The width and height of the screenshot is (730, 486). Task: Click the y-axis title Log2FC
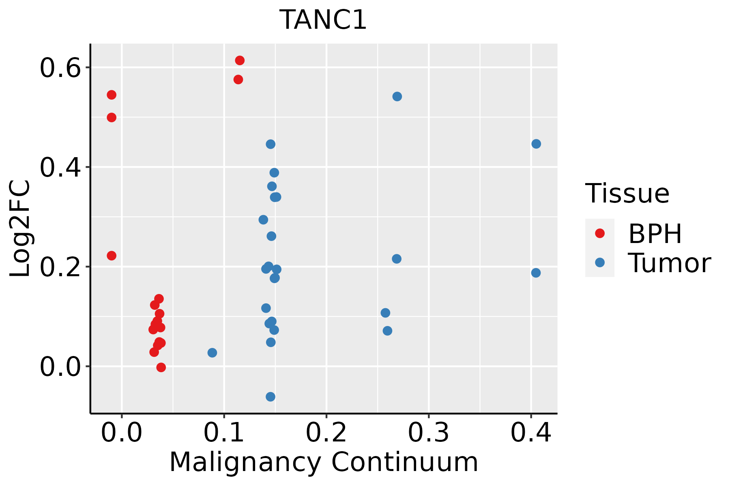20,229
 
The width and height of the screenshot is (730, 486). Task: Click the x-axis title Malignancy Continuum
323,462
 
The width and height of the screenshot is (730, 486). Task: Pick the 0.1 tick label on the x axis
224,433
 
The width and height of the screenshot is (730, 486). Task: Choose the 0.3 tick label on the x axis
428,433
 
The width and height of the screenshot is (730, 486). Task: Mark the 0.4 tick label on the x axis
530,433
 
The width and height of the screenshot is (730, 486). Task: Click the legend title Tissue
627,194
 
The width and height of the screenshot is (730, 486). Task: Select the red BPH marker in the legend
599,233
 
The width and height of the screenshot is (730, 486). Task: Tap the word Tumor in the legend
669,263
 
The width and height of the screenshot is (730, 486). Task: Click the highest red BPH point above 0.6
240,61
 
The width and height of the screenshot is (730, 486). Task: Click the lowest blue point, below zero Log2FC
271,396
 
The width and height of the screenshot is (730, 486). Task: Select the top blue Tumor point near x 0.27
397,96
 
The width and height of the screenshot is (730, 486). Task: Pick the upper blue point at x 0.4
536,144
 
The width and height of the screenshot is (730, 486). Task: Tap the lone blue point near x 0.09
212,353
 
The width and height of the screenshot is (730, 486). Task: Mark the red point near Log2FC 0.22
112,256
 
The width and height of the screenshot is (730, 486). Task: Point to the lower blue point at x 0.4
536,273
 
